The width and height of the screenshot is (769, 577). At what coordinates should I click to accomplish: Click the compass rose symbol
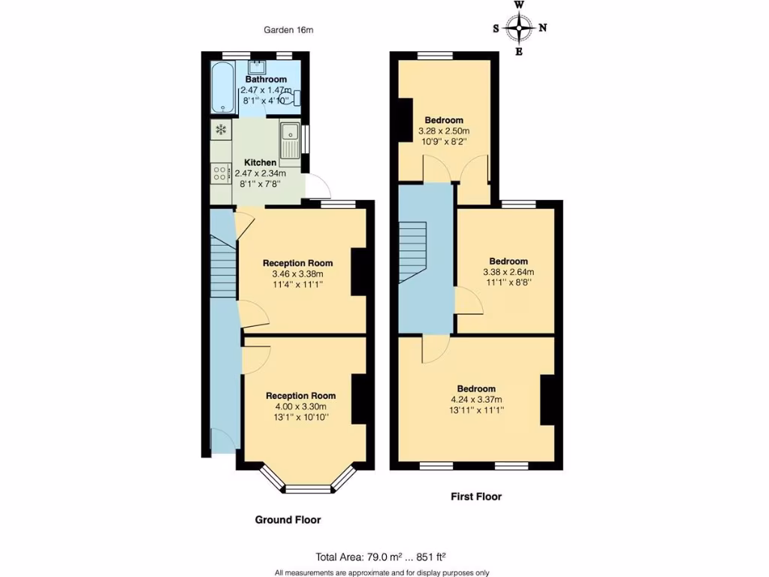click(519, 29)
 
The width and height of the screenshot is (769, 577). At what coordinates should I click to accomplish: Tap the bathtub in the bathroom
click(223, 87)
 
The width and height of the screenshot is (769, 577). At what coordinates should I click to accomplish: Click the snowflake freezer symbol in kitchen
click(222, 130)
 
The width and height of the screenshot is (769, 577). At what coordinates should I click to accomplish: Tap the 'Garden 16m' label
click(288, 30)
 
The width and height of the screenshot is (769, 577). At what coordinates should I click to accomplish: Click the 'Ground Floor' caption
click(288, 520)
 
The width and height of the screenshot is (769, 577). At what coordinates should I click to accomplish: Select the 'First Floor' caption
click(476, 496)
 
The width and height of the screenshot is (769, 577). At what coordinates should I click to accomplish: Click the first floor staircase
click(412, 252)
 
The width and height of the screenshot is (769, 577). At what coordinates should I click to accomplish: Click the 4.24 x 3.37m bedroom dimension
click(475, 400)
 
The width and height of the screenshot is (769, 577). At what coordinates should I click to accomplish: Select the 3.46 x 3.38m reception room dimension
click(297, 274)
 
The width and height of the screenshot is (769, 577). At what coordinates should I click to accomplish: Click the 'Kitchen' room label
click(261, 162)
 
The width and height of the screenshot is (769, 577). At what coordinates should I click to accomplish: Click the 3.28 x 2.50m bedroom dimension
click(444, 131)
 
